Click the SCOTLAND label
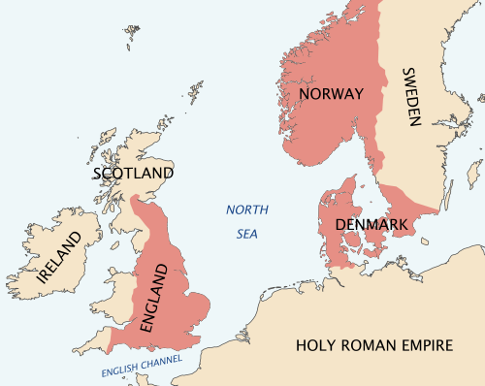(x=134, y=174)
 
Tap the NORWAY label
(x=331, y=94)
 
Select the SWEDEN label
(x=409, y=98)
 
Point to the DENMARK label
(x=370, y=225)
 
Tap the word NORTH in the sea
(x=246, y=210)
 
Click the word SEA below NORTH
(x=247, y=234)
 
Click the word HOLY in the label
(x=316, y=344)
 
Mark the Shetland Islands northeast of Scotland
(x=197, y=93)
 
